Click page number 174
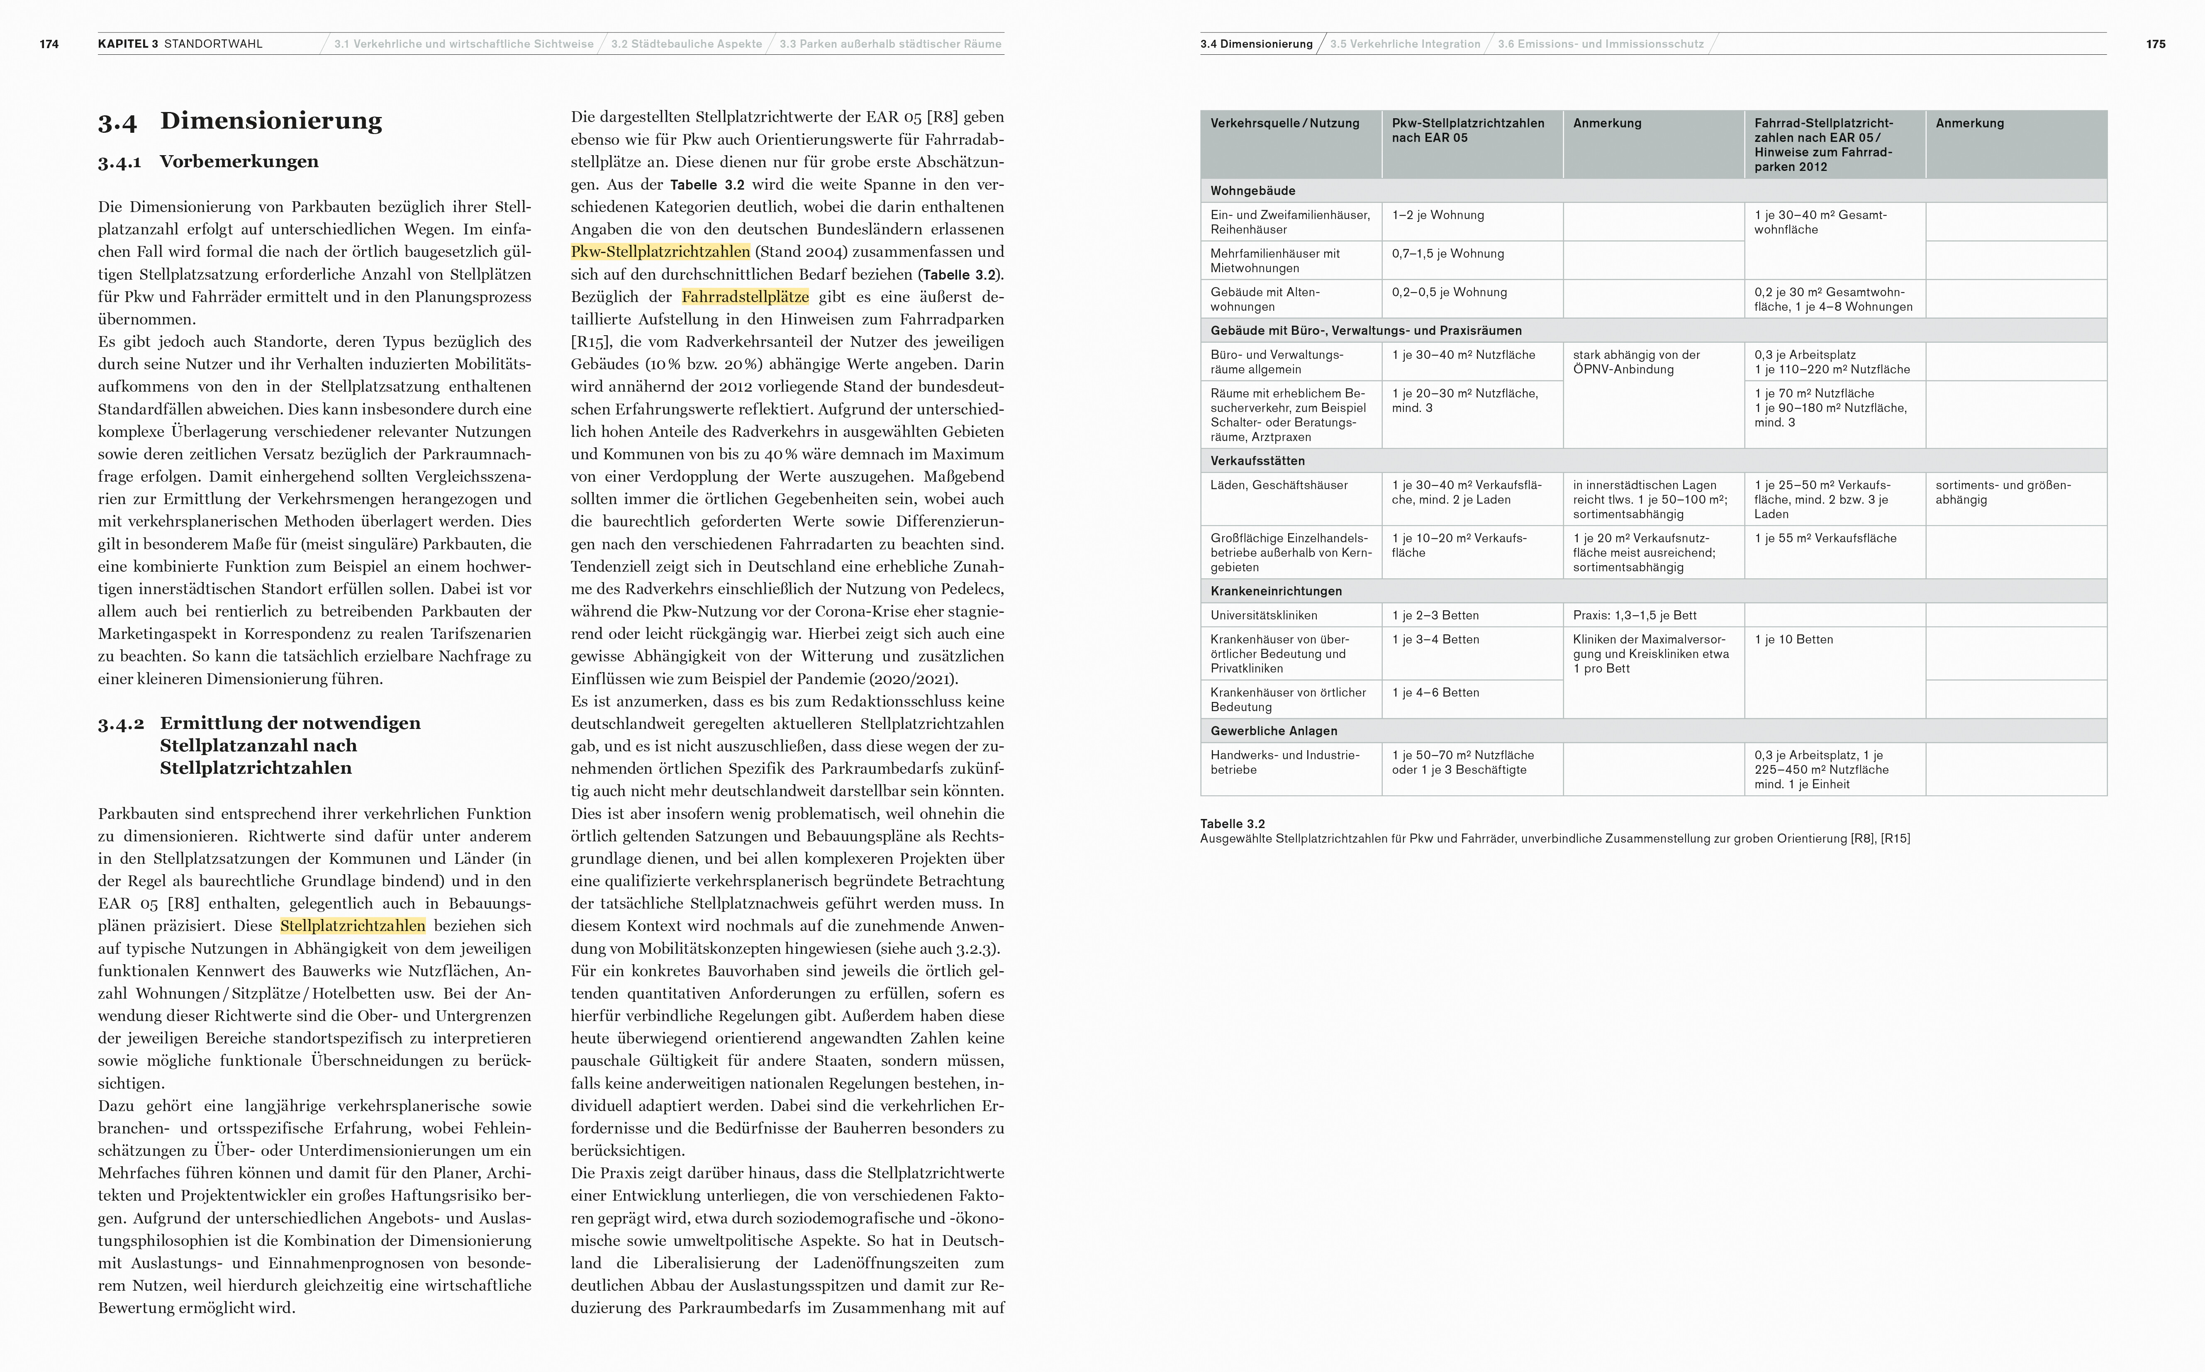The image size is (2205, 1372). click(49, 44)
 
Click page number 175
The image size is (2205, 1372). click(2156, 44)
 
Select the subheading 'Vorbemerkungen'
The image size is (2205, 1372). click(239, 161)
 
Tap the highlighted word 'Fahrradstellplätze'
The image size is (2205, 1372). click(745, 297)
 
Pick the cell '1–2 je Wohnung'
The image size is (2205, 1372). click(1438, 215)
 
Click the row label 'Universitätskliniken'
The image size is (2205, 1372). click(1263, 615)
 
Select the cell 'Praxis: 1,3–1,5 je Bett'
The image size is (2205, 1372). click(1634, 615)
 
